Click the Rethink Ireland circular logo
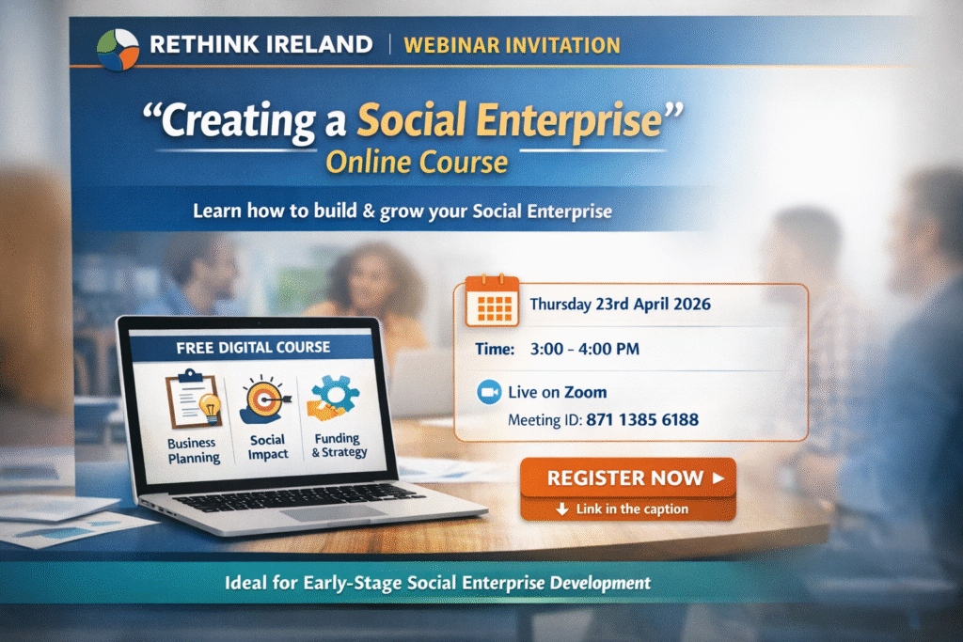click(118, 49)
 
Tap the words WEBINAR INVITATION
click(513, 45)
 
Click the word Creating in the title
click(238, 121)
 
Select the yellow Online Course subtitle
click(417, 163)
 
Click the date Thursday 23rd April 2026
click(621, 305)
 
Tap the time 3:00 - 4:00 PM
click(585, 350)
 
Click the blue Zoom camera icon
click(489, 392)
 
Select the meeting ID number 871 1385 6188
click(642, 420)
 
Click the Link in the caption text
click(632, 509)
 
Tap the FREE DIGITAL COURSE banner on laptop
click(253, 348)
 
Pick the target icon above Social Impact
click(265, 399)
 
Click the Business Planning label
click(194, 450)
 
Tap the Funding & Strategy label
click(339, 446)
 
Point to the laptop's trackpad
click(335, 512)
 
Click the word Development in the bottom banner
click(600, 583)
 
